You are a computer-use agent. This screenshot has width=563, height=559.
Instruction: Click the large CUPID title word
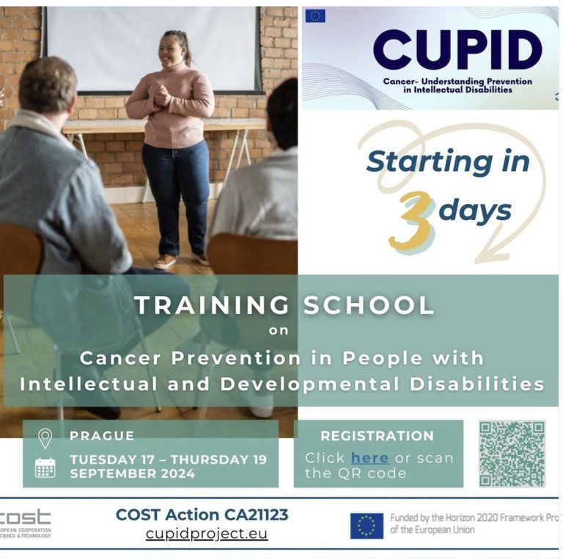tap(457, 50)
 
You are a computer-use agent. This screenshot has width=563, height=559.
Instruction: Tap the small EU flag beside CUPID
tap(315, 15)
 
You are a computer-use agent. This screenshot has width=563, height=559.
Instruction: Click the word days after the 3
tap(475, 211)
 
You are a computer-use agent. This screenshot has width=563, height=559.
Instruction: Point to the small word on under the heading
tap(279, 330)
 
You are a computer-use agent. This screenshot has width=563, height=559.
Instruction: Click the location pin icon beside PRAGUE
tap(45, 439)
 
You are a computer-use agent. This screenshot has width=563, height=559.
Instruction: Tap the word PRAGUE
tap(102, 436)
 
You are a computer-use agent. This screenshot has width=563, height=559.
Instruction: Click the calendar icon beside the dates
tap(45, 467)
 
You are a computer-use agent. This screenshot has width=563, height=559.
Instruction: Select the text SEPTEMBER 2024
tap(132, 474)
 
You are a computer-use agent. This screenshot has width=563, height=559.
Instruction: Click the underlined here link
tap(369, 458)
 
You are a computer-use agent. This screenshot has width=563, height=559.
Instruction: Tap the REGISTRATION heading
tap(377, 436)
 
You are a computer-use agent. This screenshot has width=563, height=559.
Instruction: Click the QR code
tap(512, 453)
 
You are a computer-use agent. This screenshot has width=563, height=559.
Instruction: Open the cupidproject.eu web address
tap(206, 533)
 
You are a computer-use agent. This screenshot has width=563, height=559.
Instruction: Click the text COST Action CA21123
tap(202, 515)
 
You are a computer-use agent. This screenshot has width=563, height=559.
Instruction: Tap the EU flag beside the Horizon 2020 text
tap(367, 525)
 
